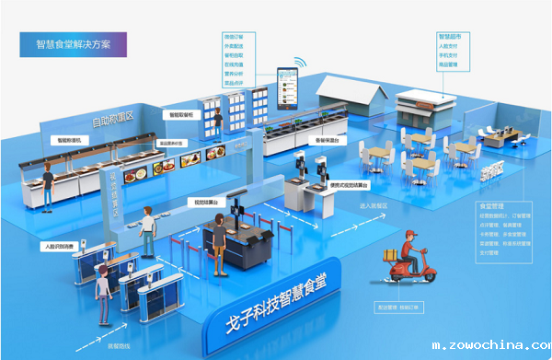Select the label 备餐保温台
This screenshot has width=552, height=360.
click(330, 141)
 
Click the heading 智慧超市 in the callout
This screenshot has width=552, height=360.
click(448, 38)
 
